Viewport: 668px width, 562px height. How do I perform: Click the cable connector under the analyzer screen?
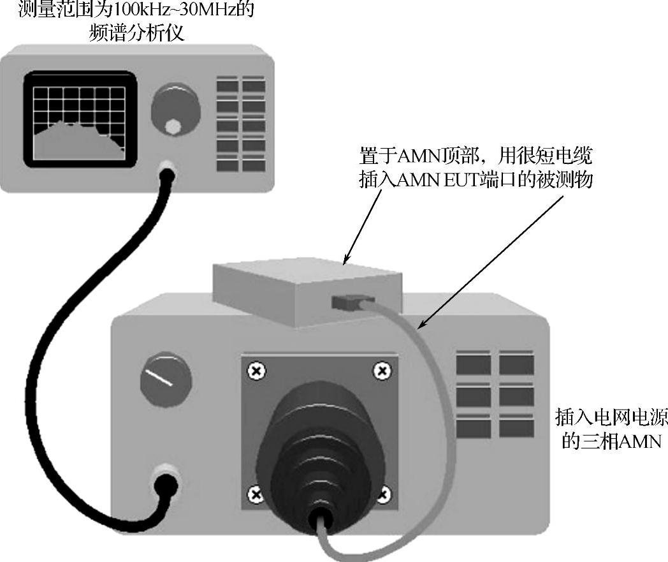167,170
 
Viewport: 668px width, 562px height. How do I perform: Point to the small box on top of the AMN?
306,290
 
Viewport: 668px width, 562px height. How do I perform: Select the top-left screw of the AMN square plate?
256,371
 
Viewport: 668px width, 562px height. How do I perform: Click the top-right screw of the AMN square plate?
382,371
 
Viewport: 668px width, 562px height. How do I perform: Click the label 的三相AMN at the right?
611,441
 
